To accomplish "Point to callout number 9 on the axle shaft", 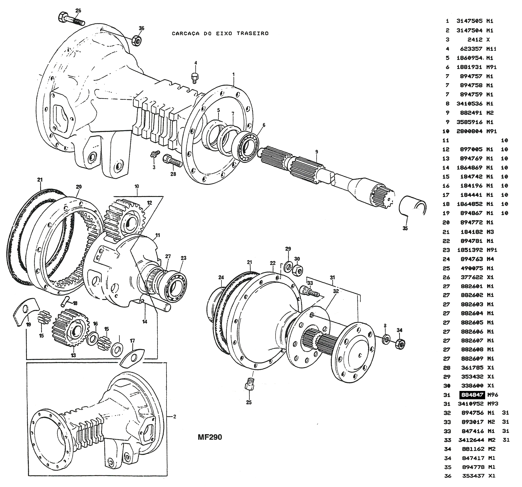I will click(317, 152).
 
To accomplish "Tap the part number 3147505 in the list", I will click(469, 21).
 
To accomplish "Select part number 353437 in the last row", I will click(473, 476).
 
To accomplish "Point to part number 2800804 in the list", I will click(469, 131).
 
